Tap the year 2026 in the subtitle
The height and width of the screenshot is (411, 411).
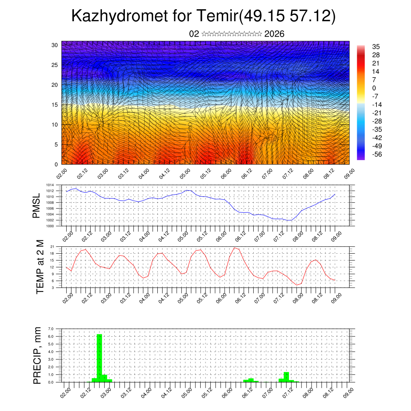coord(275,34)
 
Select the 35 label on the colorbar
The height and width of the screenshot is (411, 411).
coord(376,47)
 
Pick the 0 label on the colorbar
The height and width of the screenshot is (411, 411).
coord(374,88)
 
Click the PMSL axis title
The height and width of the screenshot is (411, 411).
coord(37,207)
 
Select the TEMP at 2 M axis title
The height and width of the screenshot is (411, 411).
coord(40,267)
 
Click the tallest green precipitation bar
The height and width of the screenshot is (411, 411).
coord(99,357)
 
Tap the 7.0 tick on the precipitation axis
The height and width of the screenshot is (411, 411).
coord(51,329)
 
